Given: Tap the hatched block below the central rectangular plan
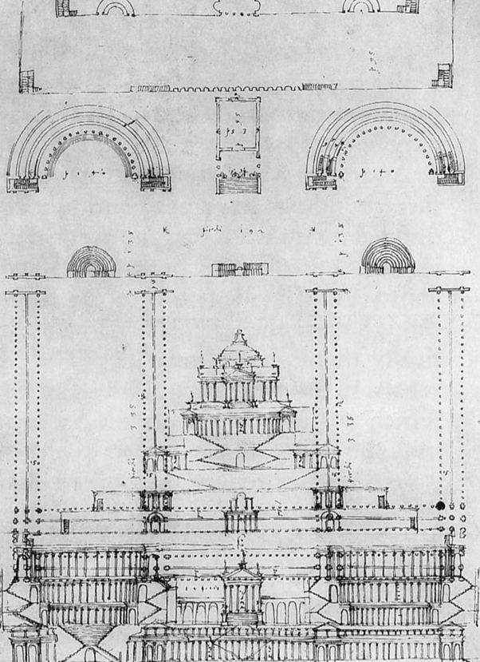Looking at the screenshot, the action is pos(238,181).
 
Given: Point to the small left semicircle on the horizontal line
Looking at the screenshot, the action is pos(92,263).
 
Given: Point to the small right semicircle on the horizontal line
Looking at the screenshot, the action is pos(387,260).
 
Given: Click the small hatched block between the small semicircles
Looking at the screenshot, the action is pos(239,269).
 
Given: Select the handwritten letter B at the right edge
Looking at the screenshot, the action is pos(462,531).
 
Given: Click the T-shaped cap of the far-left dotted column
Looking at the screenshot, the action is pos(25,293).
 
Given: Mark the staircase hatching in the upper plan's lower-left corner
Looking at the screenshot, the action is pos(28,81).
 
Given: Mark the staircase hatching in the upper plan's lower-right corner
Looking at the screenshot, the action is pos(442,76).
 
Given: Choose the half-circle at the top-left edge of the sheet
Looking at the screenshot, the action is pos(116,7).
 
